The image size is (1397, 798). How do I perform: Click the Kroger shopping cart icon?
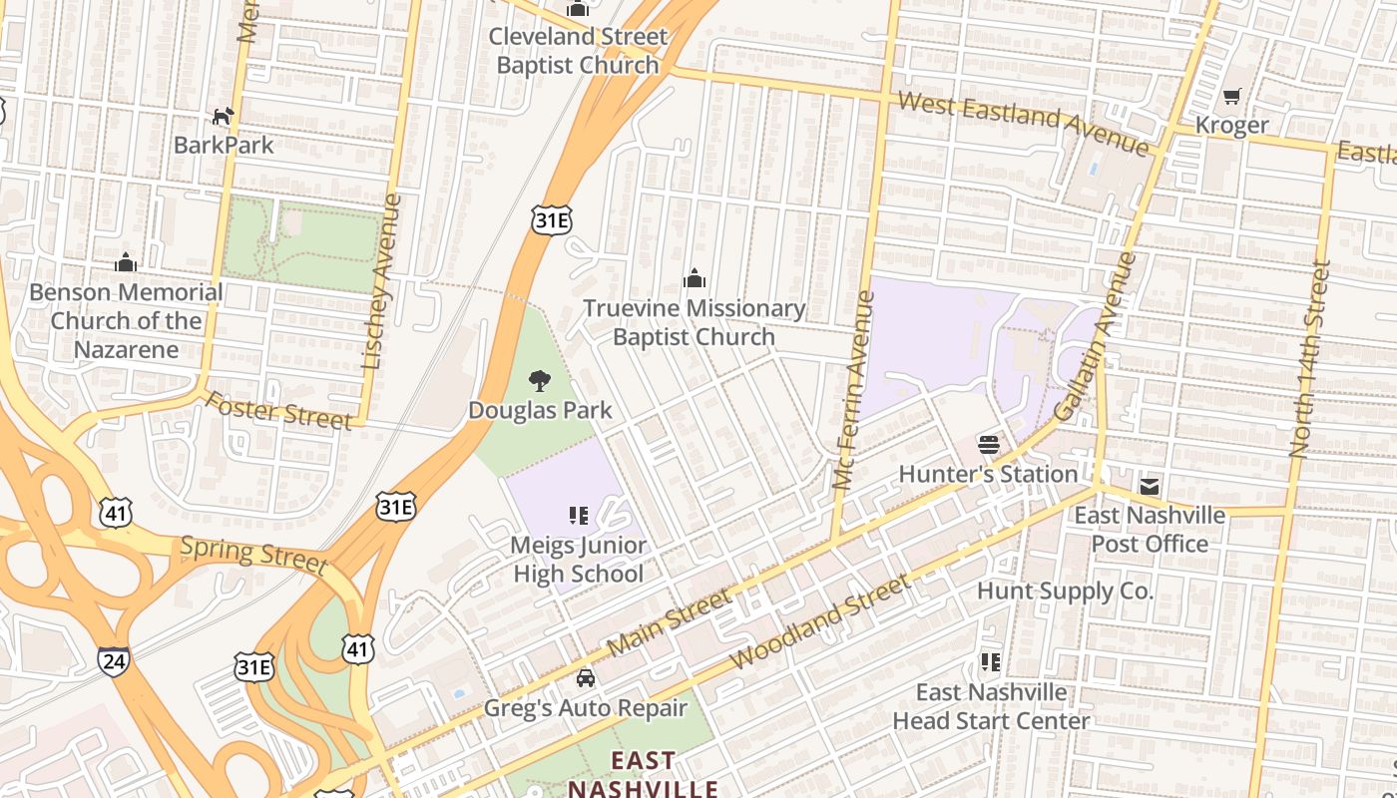coord(1231,97)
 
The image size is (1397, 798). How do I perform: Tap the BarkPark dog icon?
coord(223,117)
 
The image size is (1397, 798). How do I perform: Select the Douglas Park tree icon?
coord(540,380)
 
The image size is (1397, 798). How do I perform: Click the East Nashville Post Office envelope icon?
coord(1150,487)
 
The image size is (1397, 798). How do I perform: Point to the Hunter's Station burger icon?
coord(989,444)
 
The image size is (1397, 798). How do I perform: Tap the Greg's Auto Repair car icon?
coord(586,678)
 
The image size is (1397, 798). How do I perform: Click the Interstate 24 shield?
coord(113,660)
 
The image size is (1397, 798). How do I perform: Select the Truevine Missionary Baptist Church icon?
coord(695,278)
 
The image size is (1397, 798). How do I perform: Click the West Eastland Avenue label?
coord(1023,123)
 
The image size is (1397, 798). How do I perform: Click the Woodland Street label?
coord(820,621)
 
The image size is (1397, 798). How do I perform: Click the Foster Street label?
coord(279,410)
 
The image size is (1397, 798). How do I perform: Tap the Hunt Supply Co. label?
coord(1065,591)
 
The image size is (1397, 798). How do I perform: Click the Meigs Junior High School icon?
coord(578,516)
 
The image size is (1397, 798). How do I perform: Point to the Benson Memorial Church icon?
coord(126,263)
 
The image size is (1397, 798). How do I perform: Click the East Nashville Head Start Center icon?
coord(990,661)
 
